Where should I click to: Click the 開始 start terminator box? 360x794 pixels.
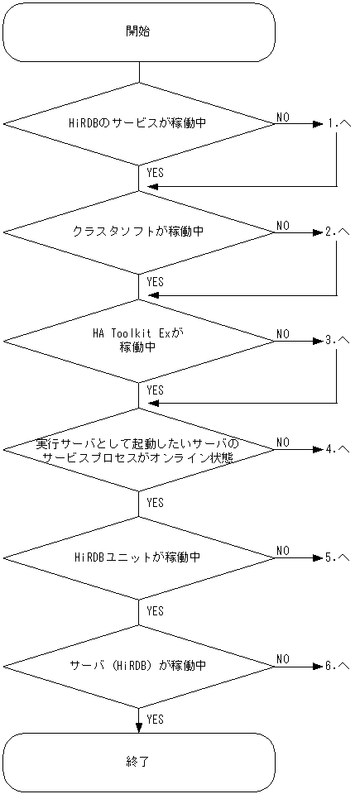[x=139, y=31]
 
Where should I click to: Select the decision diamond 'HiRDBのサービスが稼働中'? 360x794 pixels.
[x=139, y=124]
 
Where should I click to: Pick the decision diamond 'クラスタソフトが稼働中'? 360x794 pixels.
[x=139, y=232]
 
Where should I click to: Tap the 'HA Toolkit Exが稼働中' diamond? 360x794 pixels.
[x=139, y=340]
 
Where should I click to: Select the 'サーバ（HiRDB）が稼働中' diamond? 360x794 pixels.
[x=139, y=665]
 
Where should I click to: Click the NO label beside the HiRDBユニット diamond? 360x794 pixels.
[x=283, y=550]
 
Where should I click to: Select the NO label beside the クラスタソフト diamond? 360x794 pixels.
[x=283, y=225]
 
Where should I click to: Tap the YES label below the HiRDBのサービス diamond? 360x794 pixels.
[x=155, y=173]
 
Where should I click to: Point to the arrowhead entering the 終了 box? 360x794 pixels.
[x=139, y=727]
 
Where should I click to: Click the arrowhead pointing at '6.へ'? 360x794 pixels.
[x=317, y=665]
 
